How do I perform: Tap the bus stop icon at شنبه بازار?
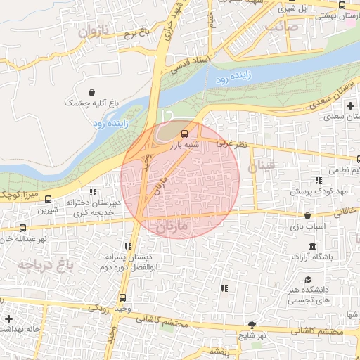(184, 133)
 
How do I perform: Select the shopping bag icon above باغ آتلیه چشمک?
(92, 92)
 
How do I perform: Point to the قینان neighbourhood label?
(264, 167)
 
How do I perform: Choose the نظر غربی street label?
(232, 143)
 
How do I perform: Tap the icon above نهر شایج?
(252, 324)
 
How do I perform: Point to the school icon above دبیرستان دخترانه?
(92, 192)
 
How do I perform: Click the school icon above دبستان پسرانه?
(127, 246)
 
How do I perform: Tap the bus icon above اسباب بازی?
(307, 216)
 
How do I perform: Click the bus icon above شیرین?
(48, 199)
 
